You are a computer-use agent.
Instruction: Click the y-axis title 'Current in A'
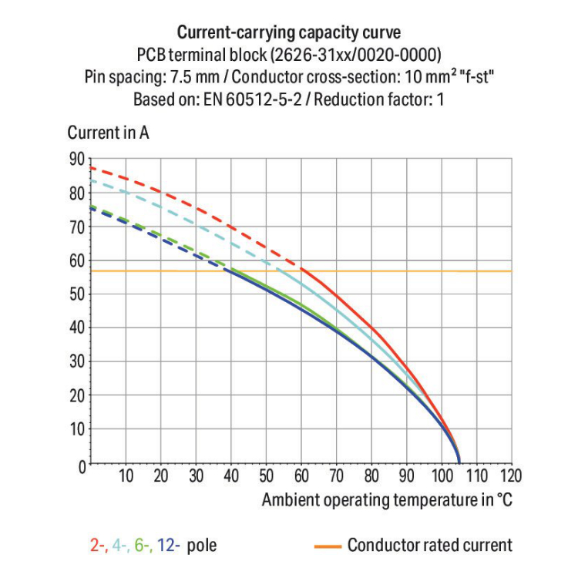point(108,132)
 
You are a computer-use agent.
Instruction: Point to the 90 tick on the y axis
point(76,160)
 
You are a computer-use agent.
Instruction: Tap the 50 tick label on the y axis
point(76,294)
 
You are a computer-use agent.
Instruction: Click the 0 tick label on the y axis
point(79,465)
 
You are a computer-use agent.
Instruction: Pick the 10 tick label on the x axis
point(126,476)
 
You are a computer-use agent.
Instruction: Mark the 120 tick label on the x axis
point(512,476)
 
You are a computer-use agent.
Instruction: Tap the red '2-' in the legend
point(98,546)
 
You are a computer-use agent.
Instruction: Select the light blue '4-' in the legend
point(120,546)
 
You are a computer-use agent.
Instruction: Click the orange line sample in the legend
point(328,546)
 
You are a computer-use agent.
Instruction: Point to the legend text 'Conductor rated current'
point(429,546)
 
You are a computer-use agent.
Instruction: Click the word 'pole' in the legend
point(202,546)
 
